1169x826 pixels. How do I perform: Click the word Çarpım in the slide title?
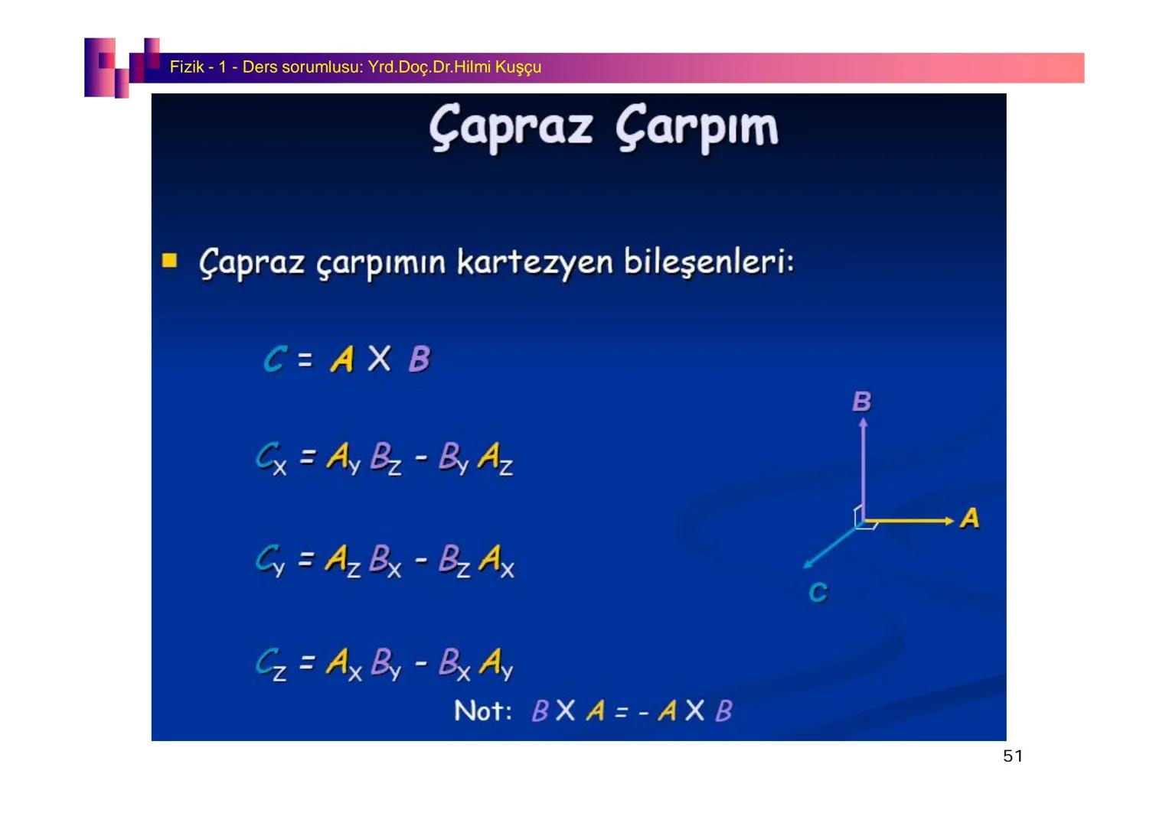[x=697, y=128]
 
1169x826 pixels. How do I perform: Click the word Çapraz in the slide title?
[x=511, y=128]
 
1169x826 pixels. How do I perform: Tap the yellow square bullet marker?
[x=169, y=262]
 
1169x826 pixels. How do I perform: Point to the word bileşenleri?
[x=708, y=262]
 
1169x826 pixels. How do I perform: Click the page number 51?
[x=1012, y=756]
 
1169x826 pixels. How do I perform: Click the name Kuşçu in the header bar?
[x=518, y=67]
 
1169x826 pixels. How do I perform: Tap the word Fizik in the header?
[x=186, y=67]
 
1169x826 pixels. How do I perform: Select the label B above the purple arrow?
[x=861, y=402]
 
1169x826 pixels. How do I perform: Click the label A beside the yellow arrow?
[x=969, y=519]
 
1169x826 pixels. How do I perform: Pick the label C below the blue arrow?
[x=818, y=592]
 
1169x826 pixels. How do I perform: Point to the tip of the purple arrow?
[x=863, y=420]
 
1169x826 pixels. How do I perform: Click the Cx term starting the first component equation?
[x=271, y=459]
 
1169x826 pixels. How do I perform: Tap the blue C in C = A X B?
[x=275, y=359]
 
